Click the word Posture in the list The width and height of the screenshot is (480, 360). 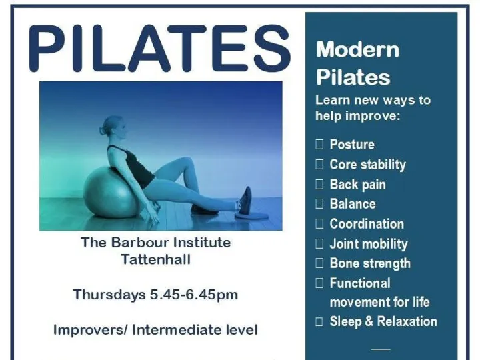point(352,145)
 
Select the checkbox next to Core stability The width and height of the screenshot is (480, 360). point(319,165)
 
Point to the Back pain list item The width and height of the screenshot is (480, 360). point(357,185)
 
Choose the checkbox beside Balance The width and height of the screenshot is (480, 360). point(319,204)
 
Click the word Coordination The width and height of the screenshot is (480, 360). point(367,224)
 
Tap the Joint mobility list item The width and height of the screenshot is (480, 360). point(368,244)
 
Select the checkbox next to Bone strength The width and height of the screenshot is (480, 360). point(319,263)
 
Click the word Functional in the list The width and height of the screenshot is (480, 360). point(360,283)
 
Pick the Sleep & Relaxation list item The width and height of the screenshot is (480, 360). point(383,321)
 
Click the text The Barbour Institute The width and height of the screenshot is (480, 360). point(155,242)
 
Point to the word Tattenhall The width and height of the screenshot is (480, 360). point(155,259)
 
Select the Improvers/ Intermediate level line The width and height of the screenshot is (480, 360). point(155,330)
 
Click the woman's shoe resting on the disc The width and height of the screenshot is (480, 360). point(245,200)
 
